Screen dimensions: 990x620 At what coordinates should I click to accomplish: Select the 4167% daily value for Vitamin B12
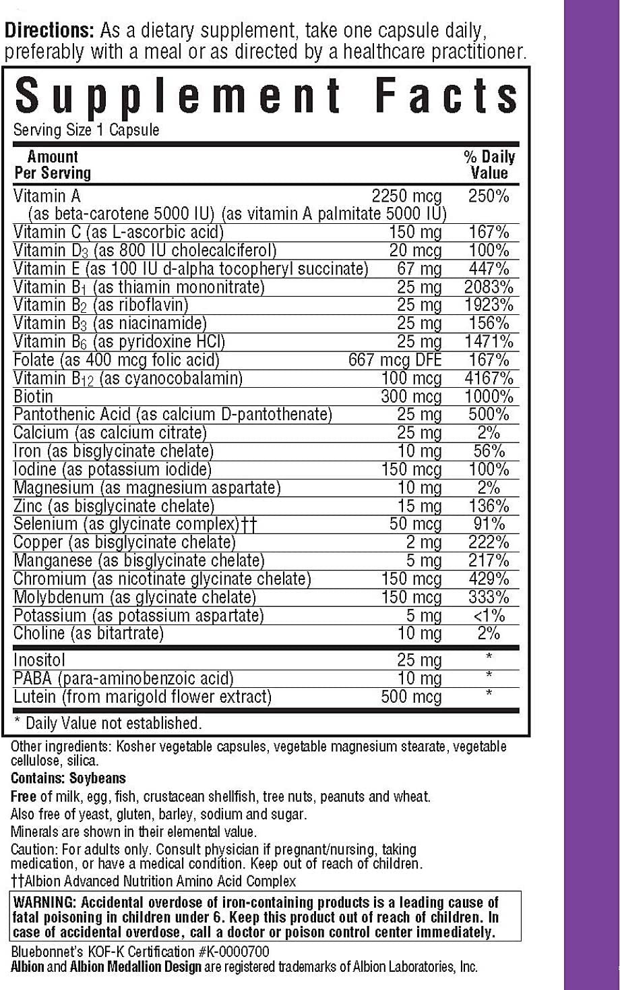[x=489, y=378]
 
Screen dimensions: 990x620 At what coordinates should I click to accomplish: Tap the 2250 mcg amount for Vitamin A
[x=406, y=196]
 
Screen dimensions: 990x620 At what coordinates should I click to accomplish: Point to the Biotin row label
[x=33, y=396]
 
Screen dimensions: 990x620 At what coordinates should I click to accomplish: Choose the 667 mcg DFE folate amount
[x=395, y=360]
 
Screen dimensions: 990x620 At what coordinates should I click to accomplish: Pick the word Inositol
[x=39, y=660]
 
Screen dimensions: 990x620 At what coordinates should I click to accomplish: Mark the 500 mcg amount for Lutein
[x=411, y=697]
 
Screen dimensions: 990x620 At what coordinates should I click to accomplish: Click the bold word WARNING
[x=46, y=903]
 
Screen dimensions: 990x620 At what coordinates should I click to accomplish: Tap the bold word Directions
[x=49, y=32]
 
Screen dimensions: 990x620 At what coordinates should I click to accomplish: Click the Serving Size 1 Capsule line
[x=86, y=130]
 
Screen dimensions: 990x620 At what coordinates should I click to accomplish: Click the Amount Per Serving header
[x=52, y=165]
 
